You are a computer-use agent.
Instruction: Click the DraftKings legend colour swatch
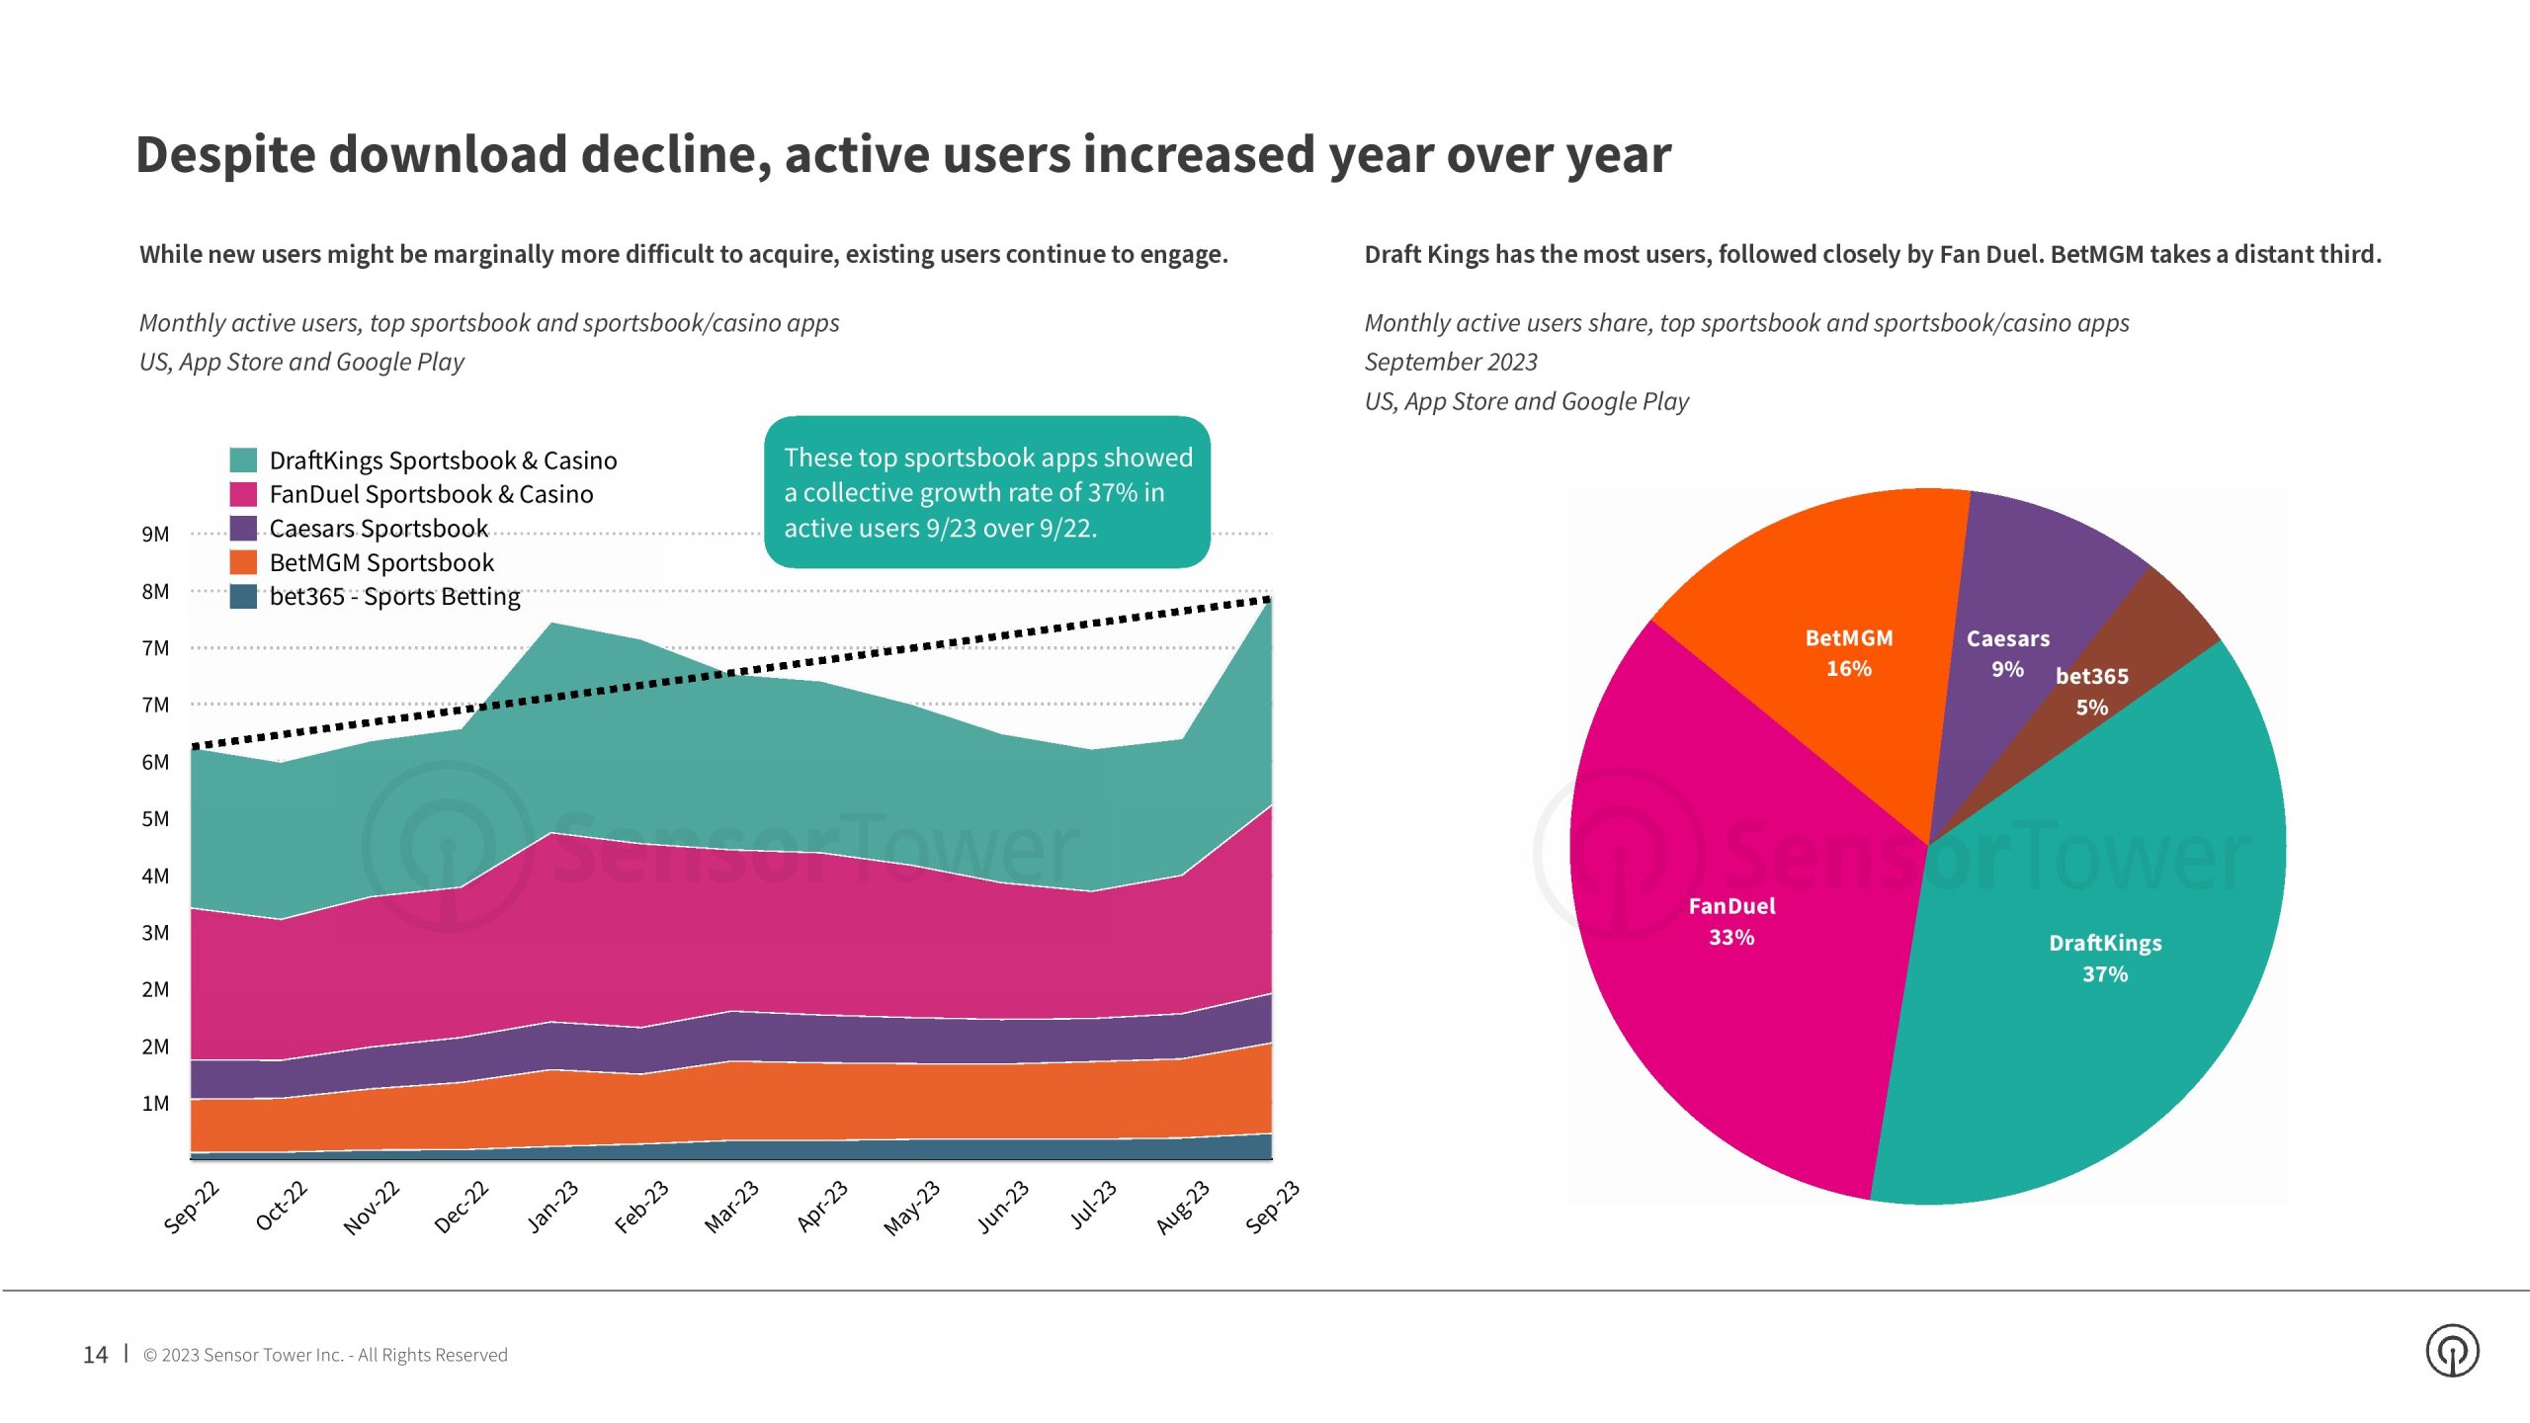(x=243, y=460)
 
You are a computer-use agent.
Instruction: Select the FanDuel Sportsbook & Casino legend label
(x=431, y=494)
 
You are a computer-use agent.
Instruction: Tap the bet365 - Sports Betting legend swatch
(x=243, y=597)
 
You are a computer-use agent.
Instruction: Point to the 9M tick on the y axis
(x=155, y=535)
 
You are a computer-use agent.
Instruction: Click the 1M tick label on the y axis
(x=155, y=1104)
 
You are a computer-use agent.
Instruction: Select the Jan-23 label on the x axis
(x=552, y=1207)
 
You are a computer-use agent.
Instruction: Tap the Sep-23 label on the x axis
(x=1272, y=1207)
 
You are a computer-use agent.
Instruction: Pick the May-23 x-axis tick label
(x=911, y=1208)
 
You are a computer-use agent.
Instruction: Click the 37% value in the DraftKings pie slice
(x=2105, y=974)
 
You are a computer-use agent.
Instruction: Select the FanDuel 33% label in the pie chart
(x=1731, y=921)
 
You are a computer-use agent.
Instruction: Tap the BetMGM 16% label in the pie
(x=1849, y=653)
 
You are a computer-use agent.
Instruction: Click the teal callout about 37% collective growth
(x=987, y=492)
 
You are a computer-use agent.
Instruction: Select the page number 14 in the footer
(x=95, y=1355)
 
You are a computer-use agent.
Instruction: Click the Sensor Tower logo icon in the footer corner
(x=2452, y=1351)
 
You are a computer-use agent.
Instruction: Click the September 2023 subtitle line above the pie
(x=1451, y=362)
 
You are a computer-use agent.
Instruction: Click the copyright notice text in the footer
(x=325, y=1355)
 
